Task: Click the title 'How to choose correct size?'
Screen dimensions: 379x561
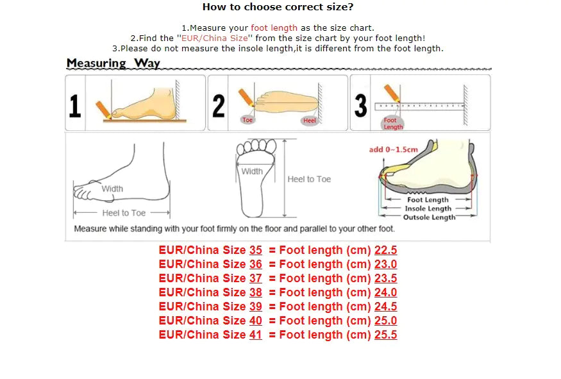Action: pyautogui.click(x=278, y=7)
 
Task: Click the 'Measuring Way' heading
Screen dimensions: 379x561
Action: pyautogui.click(x=113, y=63)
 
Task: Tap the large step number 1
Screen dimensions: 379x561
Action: pyautogui.click(x=75, y=106)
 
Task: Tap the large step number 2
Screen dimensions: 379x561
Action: pyautogui.click(x=219, y=106)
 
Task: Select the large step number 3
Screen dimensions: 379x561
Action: pyautogui.click(x=361, y=106)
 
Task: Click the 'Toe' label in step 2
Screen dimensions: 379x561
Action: pyautogui.click(x=247, y=120)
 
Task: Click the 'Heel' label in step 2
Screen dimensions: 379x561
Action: pyautogui.click(x=310, y=121)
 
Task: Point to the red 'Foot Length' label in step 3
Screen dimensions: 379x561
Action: pyautogui.click(x=392, y=123)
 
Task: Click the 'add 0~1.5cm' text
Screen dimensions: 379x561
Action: pyautogui.click(x=393, y=149)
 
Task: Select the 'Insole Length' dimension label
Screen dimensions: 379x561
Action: pyautogui.click(x=428, y=208)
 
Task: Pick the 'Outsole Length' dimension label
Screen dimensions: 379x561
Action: pyautogui.click(x=429, y=217)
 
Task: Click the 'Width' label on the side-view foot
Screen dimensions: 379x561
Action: pyautogui.click(x=112, y=189)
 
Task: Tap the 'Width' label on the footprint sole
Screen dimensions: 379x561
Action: pyautogui.click(x=252, y=171)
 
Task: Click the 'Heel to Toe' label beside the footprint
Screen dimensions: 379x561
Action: pyautogui.click(x=309, y=179)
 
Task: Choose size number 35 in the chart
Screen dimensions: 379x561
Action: pyautogui.click(x=256, y=250)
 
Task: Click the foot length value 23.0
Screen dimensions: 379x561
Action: pyautogui.click(x=385, y=264)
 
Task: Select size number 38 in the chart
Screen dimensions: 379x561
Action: pyautogui.click(x=256, y=292)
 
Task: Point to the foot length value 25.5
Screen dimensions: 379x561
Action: pyautogui.click(x=385, y=335)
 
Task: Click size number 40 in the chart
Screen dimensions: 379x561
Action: pyautogui.click(x=256, y=321)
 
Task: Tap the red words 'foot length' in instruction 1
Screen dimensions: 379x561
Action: pyautogui.click(x=274, y=28)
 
